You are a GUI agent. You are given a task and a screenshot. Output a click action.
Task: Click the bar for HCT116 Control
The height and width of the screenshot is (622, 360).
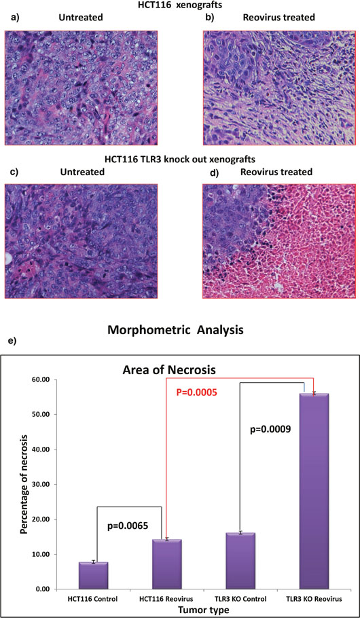(94, 575)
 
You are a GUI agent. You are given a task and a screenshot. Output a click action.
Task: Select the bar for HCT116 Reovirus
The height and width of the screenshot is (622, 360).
(167, 564)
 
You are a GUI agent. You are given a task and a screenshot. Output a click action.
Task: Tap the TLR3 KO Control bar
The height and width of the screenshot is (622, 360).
(240, 561)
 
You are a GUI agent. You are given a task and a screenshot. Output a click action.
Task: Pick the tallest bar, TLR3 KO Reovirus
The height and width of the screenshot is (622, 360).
(314, 491)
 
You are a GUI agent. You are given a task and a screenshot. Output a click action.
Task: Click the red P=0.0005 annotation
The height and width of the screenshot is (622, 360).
(196, 392)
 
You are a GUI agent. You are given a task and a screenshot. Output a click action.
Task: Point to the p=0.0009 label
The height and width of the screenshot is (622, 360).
(270, 429)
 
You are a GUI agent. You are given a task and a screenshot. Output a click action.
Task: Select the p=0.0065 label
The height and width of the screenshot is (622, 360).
(128, 526)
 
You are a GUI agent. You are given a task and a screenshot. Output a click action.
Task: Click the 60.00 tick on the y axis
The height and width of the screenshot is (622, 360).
(41, 380)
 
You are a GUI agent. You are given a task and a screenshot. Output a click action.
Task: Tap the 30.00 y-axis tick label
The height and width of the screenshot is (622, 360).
(41, 484)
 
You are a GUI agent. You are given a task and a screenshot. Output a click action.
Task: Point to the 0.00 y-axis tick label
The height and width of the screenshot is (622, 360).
(43, 589)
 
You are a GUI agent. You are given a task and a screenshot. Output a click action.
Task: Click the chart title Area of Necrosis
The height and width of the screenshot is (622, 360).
(169, 370)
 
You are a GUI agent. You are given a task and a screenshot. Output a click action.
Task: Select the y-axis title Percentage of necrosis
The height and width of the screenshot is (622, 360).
(24, 484)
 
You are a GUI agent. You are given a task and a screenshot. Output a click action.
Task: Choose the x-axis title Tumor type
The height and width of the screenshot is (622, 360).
(203, 610)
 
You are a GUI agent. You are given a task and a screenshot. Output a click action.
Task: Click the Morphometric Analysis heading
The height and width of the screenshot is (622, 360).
(175, 329)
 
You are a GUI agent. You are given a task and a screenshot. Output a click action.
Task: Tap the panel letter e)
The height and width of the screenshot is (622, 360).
(11, 341)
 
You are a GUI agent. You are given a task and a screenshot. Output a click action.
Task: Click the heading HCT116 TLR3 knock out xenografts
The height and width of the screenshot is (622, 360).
(180, 160)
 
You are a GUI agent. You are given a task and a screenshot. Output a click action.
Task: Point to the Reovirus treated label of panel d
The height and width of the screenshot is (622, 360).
(276, 172)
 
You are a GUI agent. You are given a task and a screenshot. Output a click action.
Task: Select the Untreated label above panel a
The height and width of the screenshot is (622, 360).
(81, 18)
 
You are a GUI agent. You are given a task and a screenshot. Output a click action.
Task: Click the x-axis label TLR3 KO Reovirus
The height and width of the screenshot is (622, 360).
(314, 599)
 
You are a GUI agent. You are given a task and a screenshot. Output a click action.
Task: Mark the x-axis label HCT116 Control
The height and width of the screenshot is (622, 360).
(94, 599)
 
